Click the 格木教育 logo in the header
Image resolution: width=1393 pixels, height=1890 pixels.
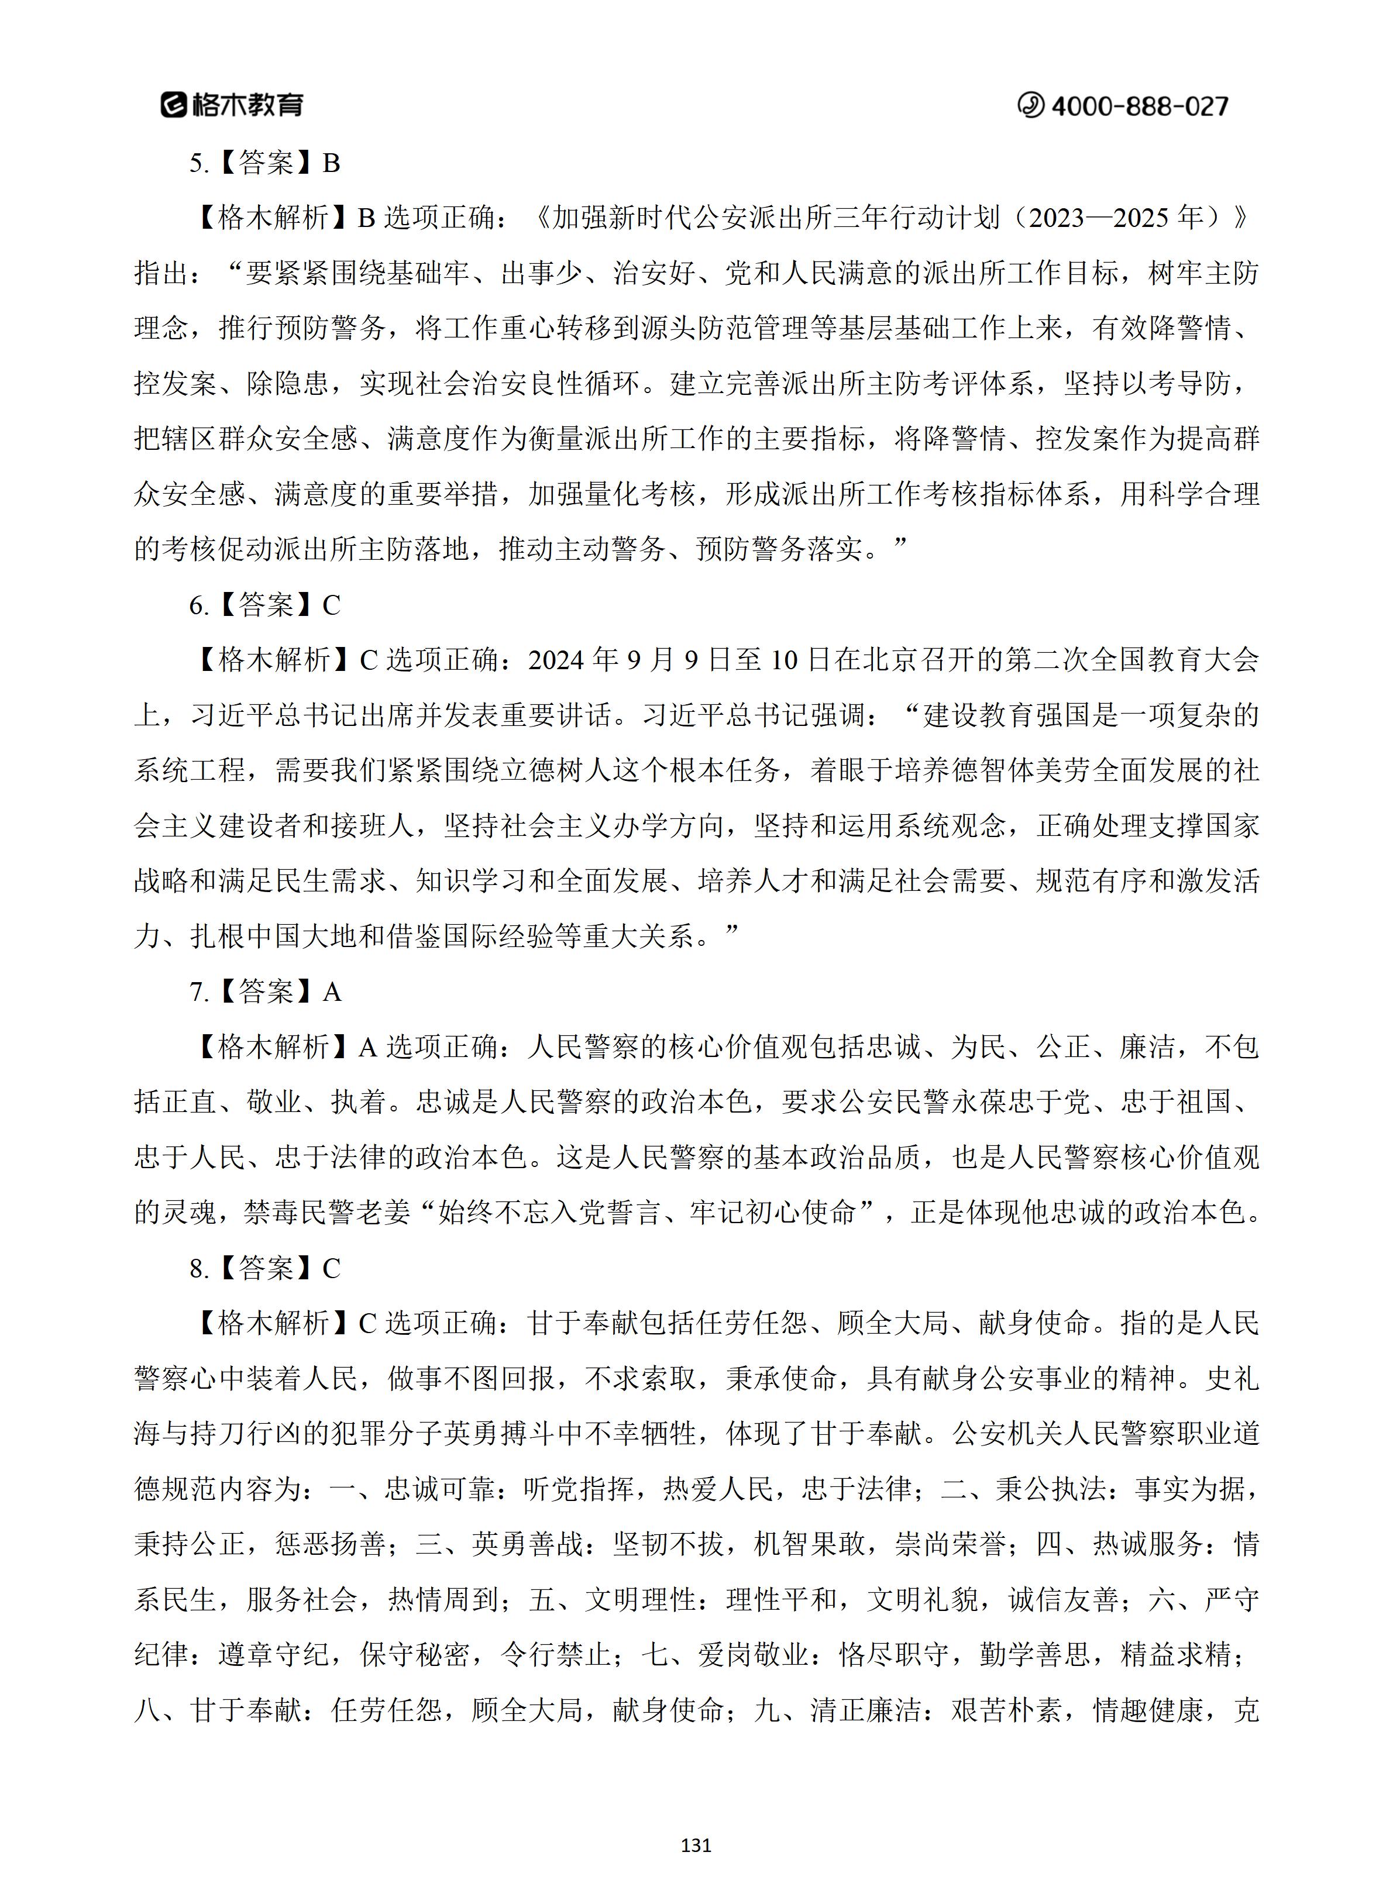tap(232, 105)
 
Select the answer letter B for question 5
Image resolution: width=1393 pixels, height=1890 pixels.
tap(331, 163)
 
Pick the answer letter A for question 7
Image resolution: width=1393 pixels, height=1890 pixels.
tap(332, 992)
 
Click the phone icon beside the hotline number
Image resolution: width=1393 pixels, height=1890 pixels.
tap(1030, 105)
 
